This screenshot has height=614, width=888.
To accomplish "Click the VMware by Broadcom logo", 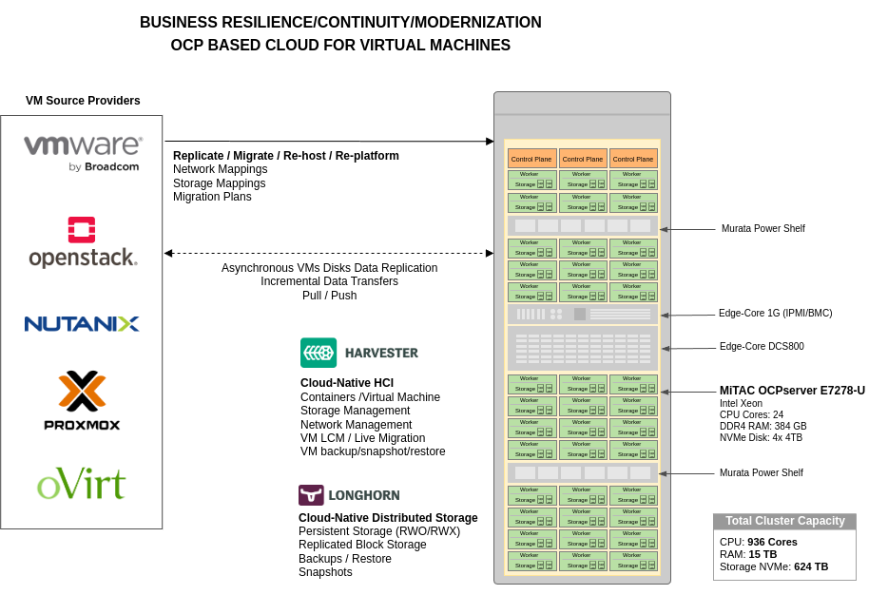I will click(x=83, y=153).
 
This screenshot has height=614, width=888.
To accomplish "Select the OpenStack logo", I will click(x=83, y=242).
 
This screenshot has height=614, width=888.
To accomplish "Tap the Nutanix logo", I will click(x=82, y=324).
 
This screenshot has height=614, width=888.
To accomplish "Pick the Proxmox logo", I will click(x=82, y=400).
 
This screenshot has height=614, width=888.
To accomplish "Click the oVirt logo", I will click(x=82, y=483).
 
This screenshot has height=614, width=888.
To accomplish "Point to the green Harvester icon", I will click(x=319, y=353).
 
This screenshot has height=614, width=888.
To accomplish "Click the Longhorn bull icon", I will click(x=311, y=495).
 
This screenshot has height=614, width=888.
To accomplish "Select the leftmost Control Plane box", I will click(x=531, y=159).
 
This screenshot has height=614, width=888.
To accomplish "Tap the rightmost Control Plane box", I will click(x=633, y=159).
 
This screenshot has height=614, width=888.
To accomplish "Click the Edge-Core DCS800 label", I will click(x=762, y=347).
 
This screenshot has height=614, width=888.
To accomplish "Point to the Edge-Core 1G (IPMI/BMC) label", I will click(x=775, y=313).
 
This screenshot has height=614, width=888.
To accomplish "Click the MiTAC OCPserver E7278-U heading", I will click(x=792, y=391).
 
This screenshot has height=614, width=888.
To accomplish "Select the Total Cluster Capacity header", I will click(x=784, y=521).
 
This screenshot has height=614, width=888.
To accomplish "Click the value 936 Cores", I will click(x=772, y=542).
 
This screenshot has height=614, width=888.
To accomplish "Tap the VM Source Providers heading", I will click(x=83, y=101).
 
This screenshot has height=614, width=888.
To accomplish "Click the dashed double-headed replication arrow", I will click(x=329, y=253).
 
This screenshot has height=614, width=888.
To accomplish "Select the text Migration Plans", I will click(x=212, y=197).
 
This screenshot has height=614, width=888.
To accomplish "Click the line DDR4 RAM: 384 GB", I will click(x=763, y=427).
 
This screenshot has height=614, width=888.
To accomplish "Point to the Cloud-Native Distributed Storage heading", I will click(x=388, y=518).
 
